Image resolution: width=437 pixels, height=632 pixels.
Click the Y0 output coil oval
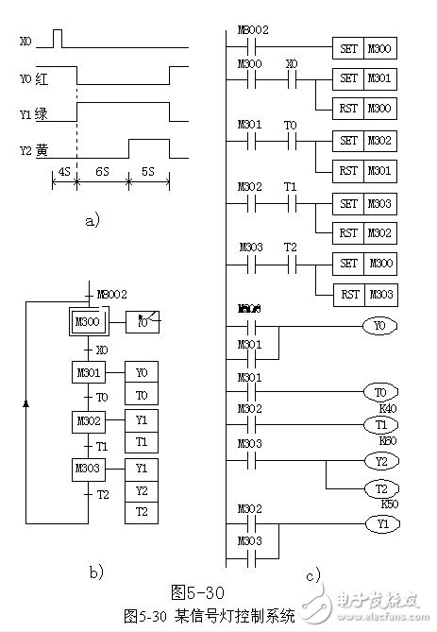point(379,326)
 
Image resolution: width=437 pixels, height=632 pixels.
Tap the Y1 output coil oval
point(379,522)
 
